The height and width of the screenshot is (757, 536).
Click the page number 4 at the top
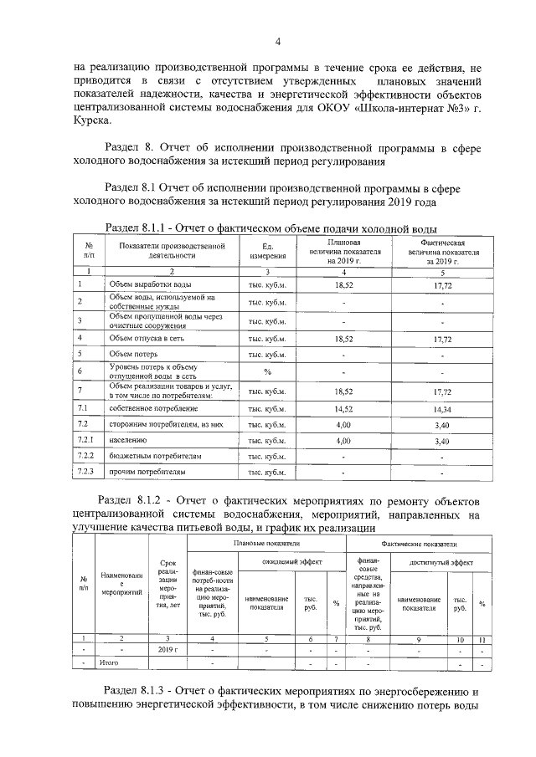(x=277, y=43)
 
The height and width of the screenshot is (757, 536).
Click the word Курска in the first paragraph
(x=90, y=120)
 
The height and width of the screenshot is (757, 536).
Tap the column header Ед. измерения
(x=268, y=250)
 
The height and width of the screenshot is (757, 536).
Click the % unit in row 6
(x=268, y=372)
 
